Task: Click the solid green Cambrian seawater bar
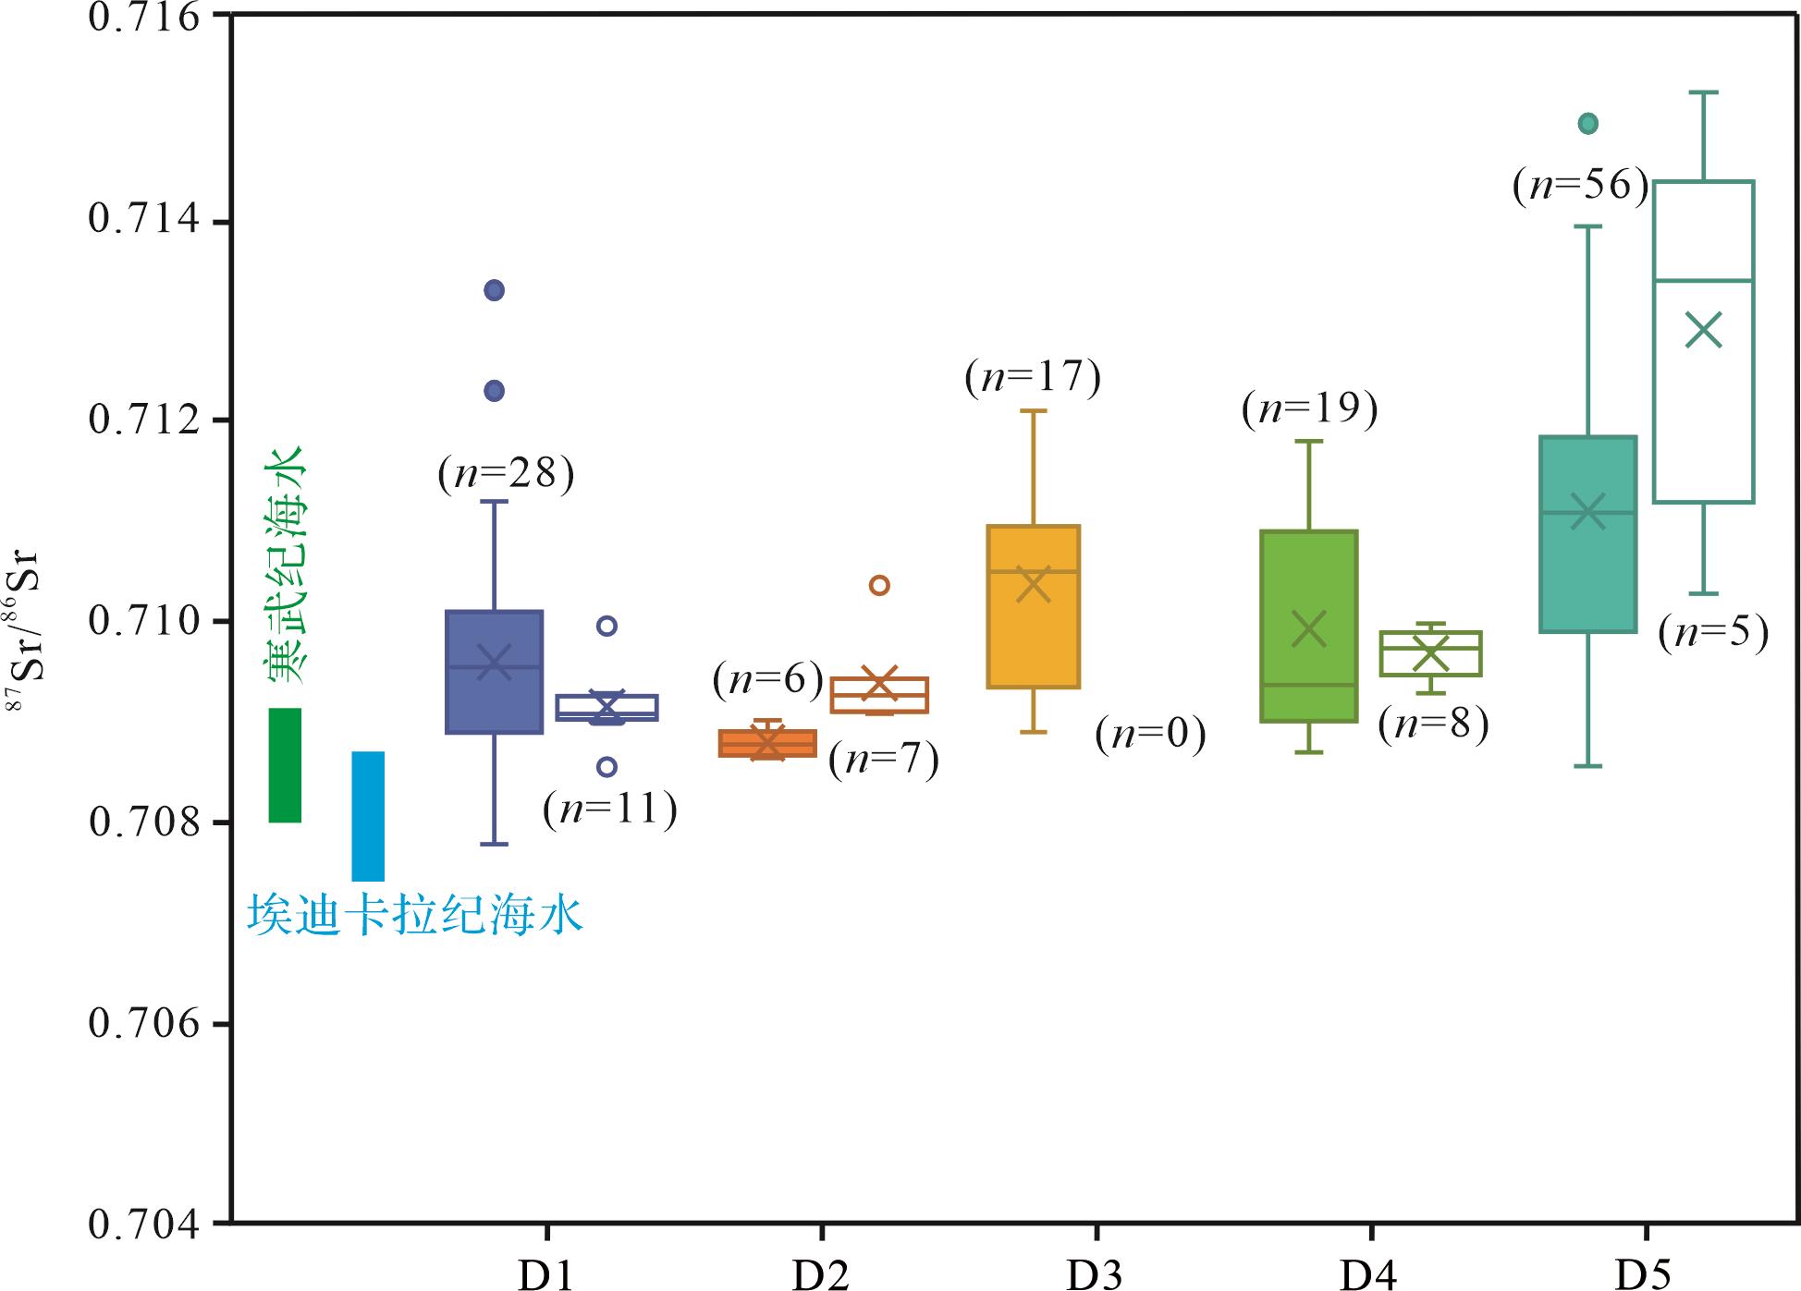[x=285, y=764]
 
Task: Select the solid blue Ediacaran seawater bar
[x=368, y=815]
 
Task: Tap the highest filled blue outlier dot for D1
[x=495, y=290]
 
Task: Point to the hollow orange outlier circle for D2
[x=879, y=585]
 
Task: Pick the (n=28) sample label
[x=506, y=474]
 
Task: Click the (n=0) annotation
[x=1151, y=734]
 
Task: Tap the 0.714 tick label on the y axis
[x=144, y=221]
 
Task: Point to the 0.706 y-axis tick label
[x=144, y=1023]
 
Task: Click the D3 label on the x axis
[x=1095, y=1274]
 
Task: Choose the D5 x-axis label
[x=1644, y=1274]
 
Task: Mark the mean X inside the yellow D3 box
[x=1033, y=585]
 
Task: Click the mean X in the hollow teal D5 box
[x=1704, y=330]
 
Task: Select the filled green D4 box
[x=1309, y=626]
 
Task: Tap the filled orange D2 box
[x=768, y=743]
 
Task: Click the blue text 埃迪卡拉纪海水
[x=415, y=916]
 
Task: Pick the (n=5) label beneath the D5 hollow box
[x=1714, y=634]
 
